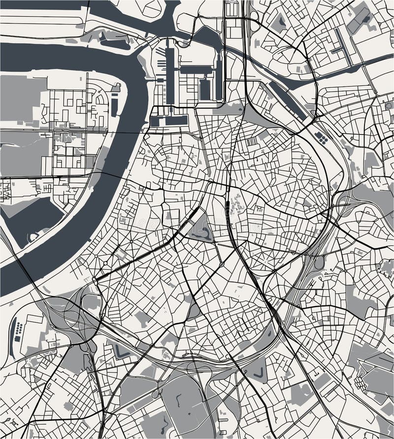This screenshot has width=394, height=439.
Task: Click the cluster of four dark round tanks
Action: pos(321,137)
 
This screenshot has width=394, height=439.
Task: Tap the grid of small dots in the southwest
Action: pos(18,330)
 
